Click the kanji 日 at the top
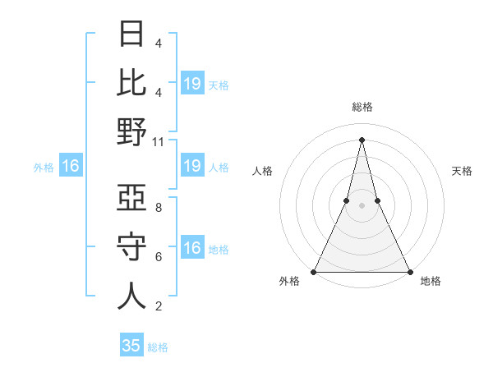(x=131, y=34)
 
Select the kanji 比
(x=131, y=82)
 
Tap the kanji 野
(x=131, y=131)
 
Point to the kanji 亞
(x=131, y=199)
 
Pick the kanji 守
(x=131, y=248)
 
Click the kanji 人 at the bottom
(x=131, y=296)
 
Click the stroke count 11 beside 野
(x=159, y=141)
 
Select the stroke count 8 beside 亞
(x=159, y=208)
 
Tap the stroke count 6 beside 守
(x=159, y=257)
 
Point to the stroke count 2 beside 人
(x=159, y=306)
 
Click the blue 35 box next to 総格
(x=131, y=346)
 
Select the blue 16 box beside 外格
(x=71, y=167)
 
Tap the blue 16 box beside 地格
(x=192, y=248)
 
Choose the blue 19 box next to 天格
(x=192, y=83)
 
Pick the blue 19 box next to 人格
(x=192, y=167)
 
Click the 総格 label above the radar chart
(x=362, y=107)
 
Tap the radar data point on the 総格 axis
(x=362, y=139)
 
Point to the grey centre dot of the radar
(x=362, y=205)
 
